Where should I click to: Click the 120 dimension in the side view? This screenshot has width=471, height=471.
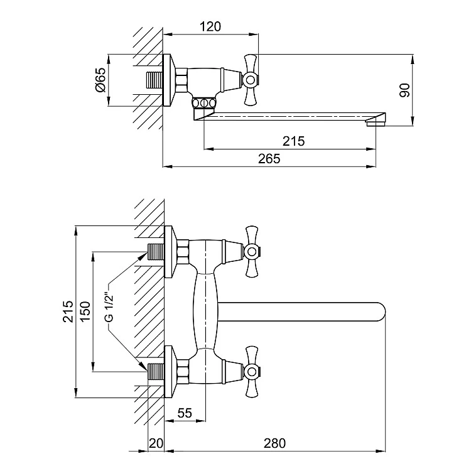coord(211,26)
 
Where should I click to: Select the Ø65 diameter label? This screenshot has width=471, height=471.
coord(100,80)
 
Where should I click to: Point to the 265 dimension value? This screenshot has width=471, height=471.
coord(268,159)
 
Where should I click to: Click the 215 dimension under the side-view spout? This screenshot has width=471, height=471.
coord(293,141)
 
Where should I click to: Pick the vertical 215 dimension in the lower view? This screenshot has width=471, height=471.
coord(68,310)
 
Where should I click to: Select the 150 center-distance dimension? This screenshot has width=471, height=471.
coord(86,310)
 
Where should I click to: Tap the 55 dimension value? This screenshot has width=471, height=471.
coord(185,413)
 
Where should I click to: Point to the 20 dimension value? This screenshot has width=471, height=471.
coord(156,443)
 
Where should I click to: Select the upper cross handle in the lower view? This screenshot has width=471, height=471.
coord(251,252)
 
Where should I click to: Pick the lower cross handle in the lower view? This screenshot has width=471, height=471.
coord(251,371)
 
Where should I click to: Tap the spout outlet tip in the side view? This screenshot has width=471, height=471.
coord(378,119)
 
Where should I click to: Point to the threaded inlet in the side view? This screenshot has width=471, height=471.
coord(154,80)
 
